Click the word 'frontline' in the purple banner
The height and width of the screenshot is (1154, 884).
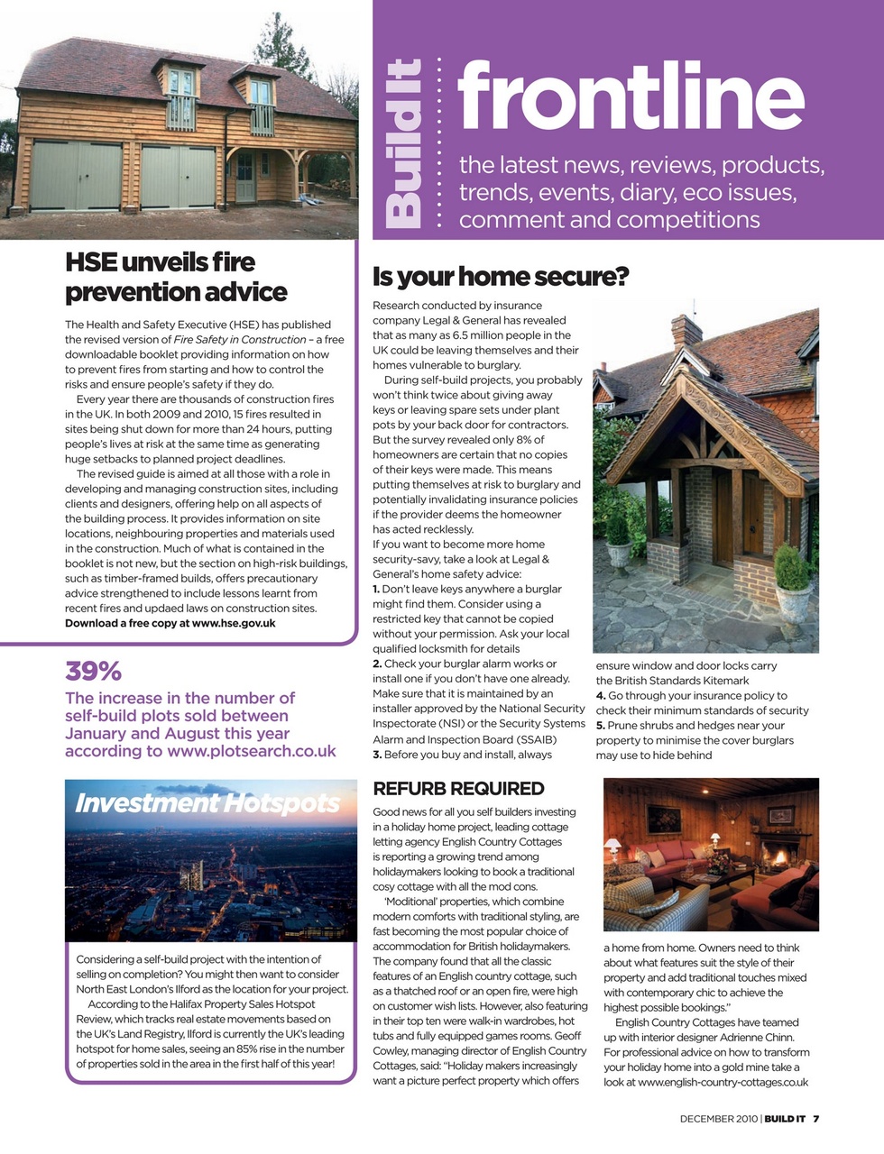pyautogui.click(x=630, y=96)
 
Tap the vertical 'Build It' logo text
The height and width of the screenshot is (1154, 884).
pyautogui.click(x=401, y=142)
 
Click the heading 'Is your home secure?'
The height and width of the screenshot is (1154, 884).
pyautogui.click(x=501, y=276)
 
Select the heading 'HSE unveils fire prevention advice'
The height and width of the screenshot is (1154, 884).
pyautogui.click(x=176, y=277)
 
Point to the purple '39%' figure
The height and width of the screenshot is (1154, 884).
pyautogui.click(x=93, y=671)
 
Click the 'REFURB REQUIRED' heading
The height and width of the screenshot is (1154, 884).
pyautogui.click(x=458, y=789)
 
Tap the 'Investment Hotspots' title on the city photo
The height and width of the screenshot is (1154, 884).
pyautogui.click(x=207, y=802)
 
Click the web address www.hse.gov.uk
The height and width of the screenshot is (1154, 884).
pyautogui.click(x=234, y=623)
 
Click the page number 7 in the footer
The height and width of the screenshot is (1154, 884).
pyautogui.click(x=815, y=1119)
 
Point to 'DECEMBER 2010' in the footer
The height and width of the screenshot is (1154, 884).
pyautogui.click(x=719, y=1119)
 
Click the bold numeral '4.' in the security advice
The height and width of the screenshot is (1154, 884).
pyautogui.click(x=601, y=696)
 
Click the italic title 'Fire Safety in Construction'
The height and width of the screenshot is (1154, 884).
pyautogui.click(x=240, y=340)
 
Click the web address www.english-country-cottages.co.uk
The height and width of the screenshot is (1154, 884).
pyautogui.click(x=723, y=1082)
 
